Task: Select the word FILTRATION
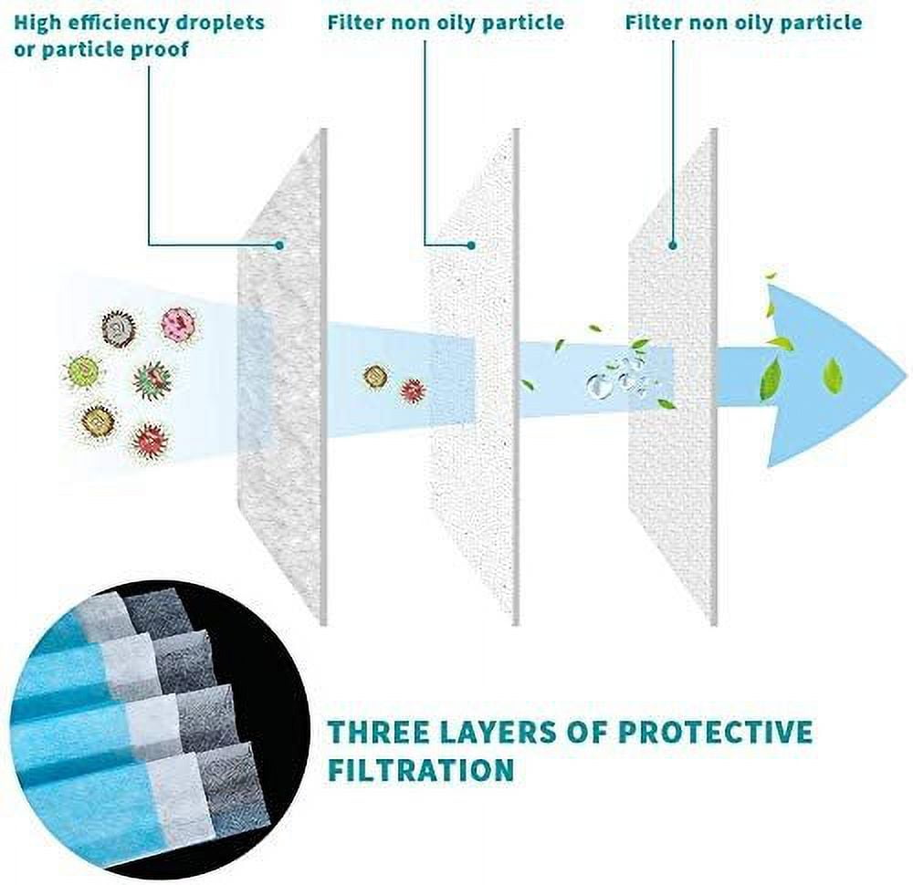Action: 420,769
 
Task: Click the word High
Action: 37,24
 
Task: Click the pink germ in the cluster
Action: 178,325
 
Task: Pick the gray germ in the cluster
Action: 118,329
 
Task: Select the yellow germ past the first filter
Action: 375,377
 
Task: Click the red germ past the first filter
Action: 413,390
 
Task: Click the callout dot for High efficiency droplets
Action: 279,245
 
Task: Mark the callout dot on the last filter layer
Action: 673,245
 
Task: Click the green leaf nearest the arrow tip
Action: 834,375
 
